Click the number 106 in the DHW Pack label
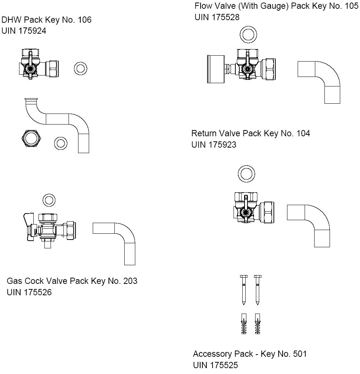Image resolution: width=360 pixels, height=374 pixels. (x=84, y=20)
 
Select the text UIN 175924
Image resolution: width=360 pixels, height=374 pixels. (x=24, y=31)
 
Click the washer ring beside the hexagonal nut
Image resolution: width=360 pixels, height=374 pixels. (x=60, y=143)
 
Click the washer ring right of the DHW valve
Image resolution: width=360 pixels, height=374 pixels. (x=80, y=68)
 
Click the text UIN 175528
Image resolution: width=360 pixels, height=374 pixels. (x=217, y=17)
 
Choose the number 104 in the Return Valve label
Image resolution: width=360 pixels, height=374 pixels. (x=303, y=133)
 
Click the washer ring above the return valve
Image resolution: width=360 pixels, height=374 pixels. (x=246, y=173)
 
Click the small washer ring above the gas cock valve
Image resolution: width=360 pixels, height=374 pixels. (x=49, y=200)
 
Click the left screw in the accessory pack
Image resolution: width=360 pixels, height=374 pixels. (x=244, y=289)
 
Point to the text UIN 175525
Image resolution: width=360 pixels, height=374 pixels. (x=215, y=365)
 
